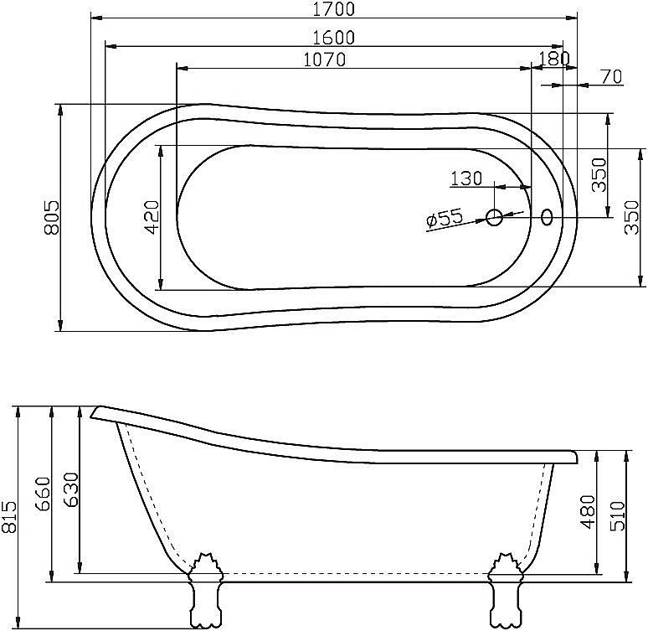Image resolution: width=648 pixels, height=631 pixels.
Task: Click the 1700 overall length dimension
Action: [x=333, y=9]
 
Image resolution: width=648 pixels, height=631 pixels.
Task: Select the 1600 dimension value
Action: [x=333, y=38]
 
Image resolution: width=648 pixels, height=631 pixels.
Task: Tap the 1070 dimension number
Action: [x=324, y=59]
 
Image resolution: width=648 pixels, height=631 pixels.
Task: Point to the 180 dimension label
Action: [x=554, y=59]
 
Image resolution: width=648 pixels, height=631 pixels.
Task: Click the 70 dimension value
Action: [x=611, y=76]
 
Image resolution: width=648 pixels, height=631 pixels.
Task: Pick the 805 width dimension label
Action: [x=52, y=217]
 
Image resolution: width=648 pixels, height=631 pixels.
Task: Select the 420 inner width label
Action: [x=152, y=217]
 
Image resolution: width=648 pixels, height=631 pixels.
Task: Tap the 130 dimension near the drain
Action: [x=466, y=178]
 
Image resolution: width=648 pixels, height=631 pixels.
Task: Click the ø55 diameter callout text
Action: [x=445, y=219]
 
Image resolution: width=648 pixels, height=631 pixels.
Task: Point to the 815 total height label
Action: [x=8, y=516]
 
